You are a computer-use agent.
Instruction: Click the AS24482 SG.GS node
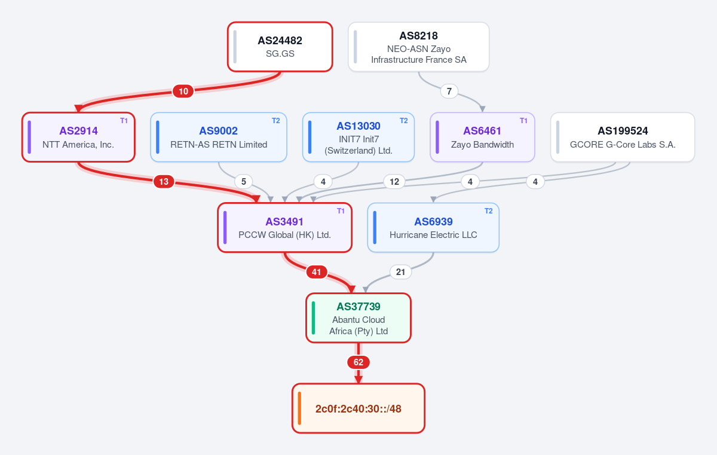click(280, 47)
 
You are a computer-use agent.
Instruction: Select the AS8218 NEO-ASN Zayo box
click(419, 47)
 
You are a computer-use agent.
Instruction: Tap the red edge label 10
click(183, 91)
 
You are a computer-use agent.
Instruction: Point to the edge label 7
click(449, 91)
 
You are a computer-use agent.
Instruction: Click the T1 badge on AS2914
click(124, 121)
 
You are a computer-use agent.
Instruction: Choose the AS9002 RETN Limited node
click(219, 137)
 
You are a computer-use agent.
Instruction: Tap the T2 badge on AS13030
click(404, 121)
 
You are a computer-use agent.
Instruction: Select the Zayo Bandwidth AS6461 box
click(482, 137)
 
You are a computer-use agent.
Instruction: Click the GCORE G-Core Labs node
click(623, 137)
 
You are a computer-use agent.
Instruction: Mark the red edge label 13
click(164, 182)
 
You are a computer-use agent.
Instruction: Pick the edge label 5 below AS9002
click(244, 182)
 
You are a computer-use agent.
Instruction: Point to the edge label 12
click(394, 182)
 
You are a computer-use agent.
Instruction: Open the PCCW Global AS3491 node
click(284, 227)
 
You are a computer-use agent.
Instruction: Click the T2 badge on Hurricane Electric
click(489, 211)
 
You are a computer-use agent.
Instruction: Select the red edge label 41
click(317, 272)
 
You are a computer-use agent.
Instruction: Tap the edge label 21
click(400, 272)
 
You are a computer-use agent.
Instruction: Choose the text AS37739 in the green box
click(358, 307)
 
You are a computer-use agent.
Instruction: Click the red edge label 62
click(358, 362)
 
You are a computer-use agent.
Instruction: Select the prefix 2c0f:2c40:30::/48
click(358, 408)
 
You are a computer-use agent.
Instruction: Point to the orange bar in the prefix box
click(299, 408)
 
